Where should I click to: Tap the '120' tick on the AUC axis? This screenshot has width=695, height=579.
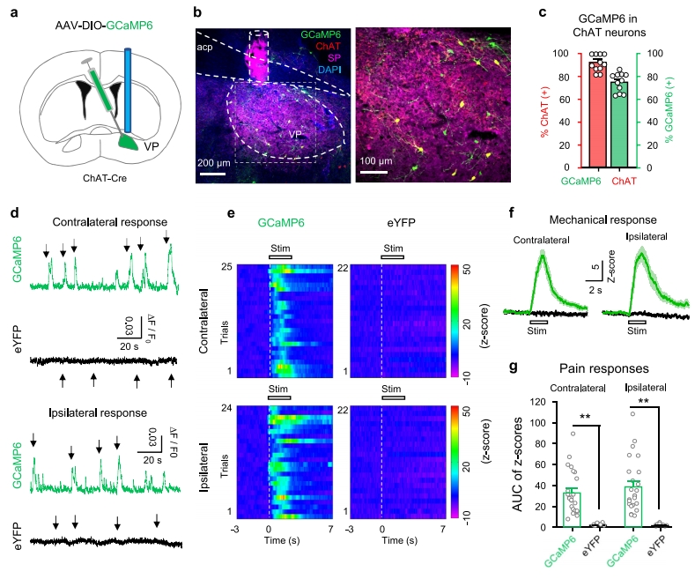(x=529, y=401)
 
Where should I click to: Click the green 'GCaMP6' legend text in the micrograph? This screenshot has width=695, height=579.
(x=322, y=33)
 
